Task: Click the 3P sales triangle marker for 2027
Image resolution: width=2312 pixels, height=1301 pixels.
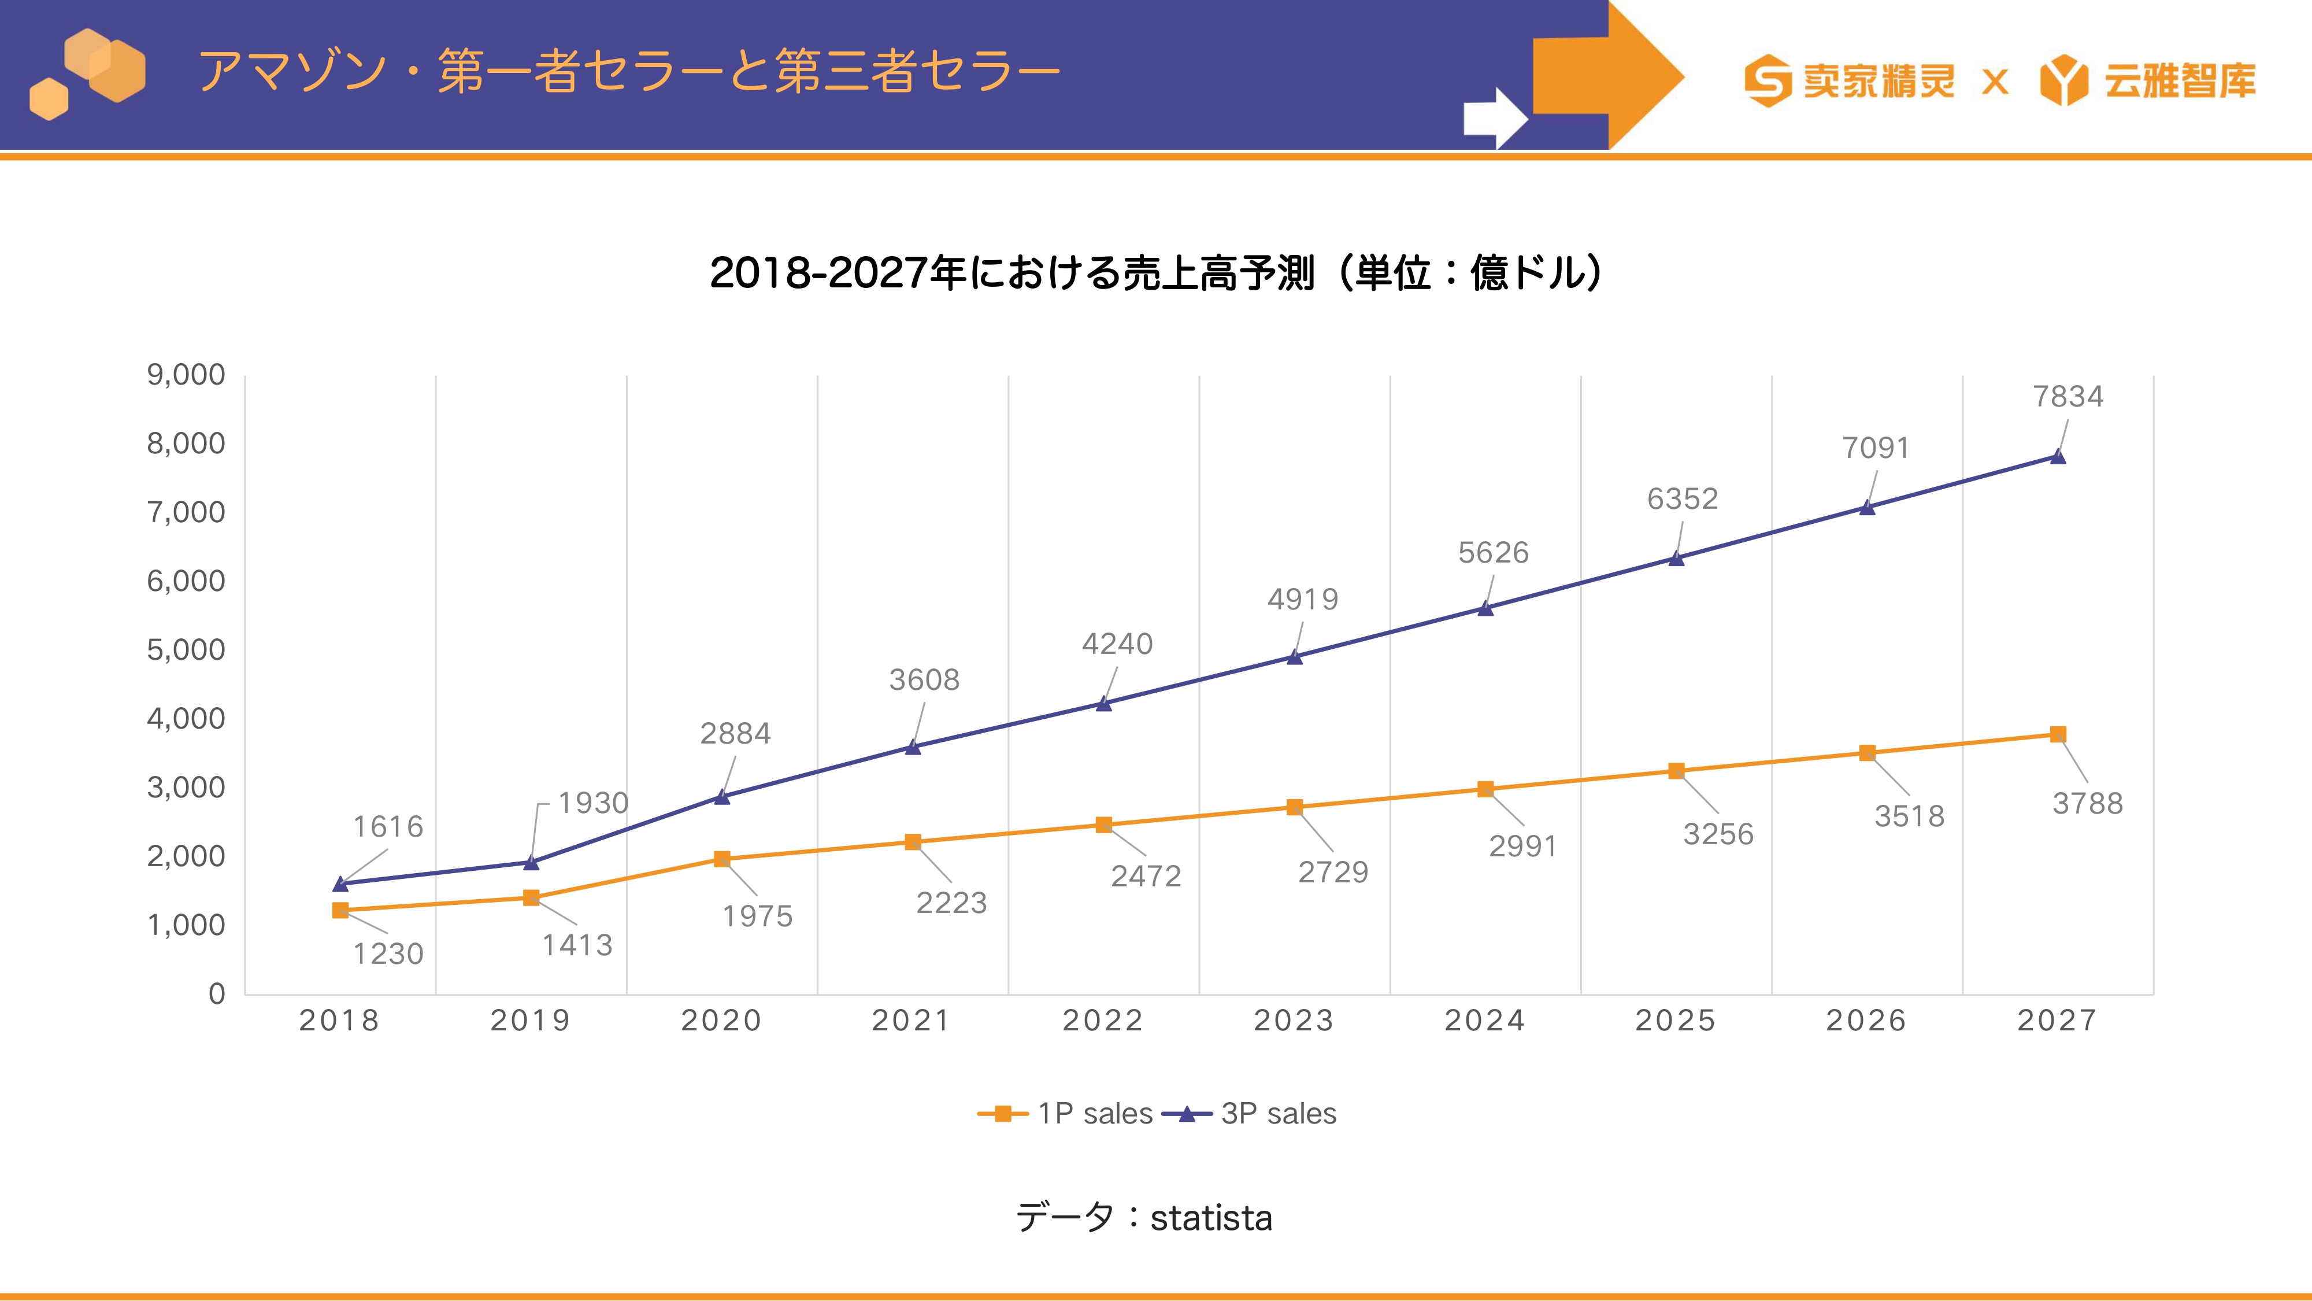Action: point(2058,456)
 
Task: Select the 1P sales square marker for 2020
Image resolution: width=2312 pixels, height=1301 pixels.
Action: point(721,859)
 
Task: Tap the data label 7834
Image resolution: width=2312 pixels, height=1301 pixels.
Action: point(2068,396)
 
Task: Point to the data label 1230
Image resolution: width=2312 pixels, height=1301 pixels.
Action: point(388,953)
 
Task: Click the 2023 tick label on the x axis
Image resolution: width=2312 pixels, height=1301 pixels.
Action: point(1294,1021)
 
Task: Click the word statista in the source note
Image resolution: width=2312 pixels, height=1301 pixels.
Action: point(1211,1218)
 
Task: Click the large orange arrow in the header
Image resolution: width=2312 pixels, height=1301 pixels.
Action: point(1609,75)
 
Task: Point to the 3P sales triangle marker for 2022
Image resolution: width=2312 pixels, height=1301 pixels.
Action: point(1104,703)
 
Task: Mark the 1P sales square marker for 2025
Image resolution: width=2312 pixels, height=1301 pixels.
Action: point(1676,771)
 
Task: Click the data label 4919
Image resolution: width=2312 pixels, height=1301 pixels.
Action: point(1302,599)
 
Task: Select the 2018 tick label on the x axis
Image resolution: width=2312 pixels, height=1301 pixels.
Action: point(339,1021)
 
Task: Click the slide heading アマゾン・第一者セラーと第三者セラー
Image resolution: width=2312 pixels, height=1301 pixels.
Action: point(628,72)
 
